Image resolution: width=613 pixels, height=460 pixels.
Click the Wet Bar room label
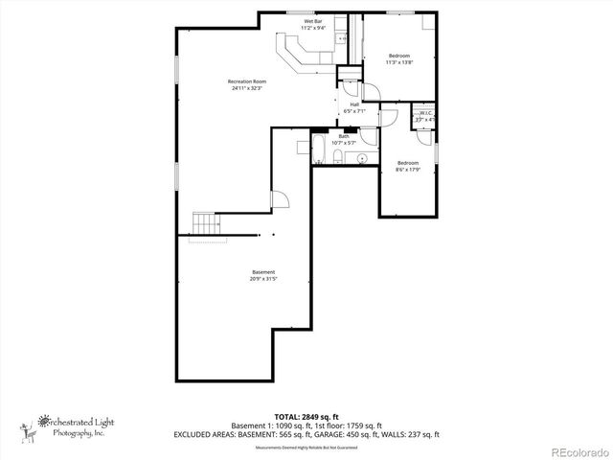coord(313,24)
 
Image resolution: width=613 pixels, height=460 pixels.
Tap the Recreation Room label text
coord(246,84)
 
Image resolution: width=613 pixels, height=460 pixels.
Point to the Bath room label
coord(343,140)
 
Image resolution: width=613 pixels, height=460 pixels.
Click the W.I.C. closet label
coord(424,116)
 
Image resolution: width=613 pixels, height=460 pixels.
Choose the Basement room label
coord(263,275)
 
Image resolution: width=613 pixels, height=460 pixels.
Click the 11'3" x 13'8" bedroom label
coord(398,59)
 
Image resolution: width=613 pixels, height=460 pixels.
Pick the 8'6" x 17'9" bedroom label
coord(409,166)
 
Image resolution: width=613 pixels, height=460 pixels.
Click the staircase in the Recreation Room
coord(207,223)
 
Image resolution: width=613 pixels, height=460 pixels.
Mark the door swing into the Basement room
coord(281,198)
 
